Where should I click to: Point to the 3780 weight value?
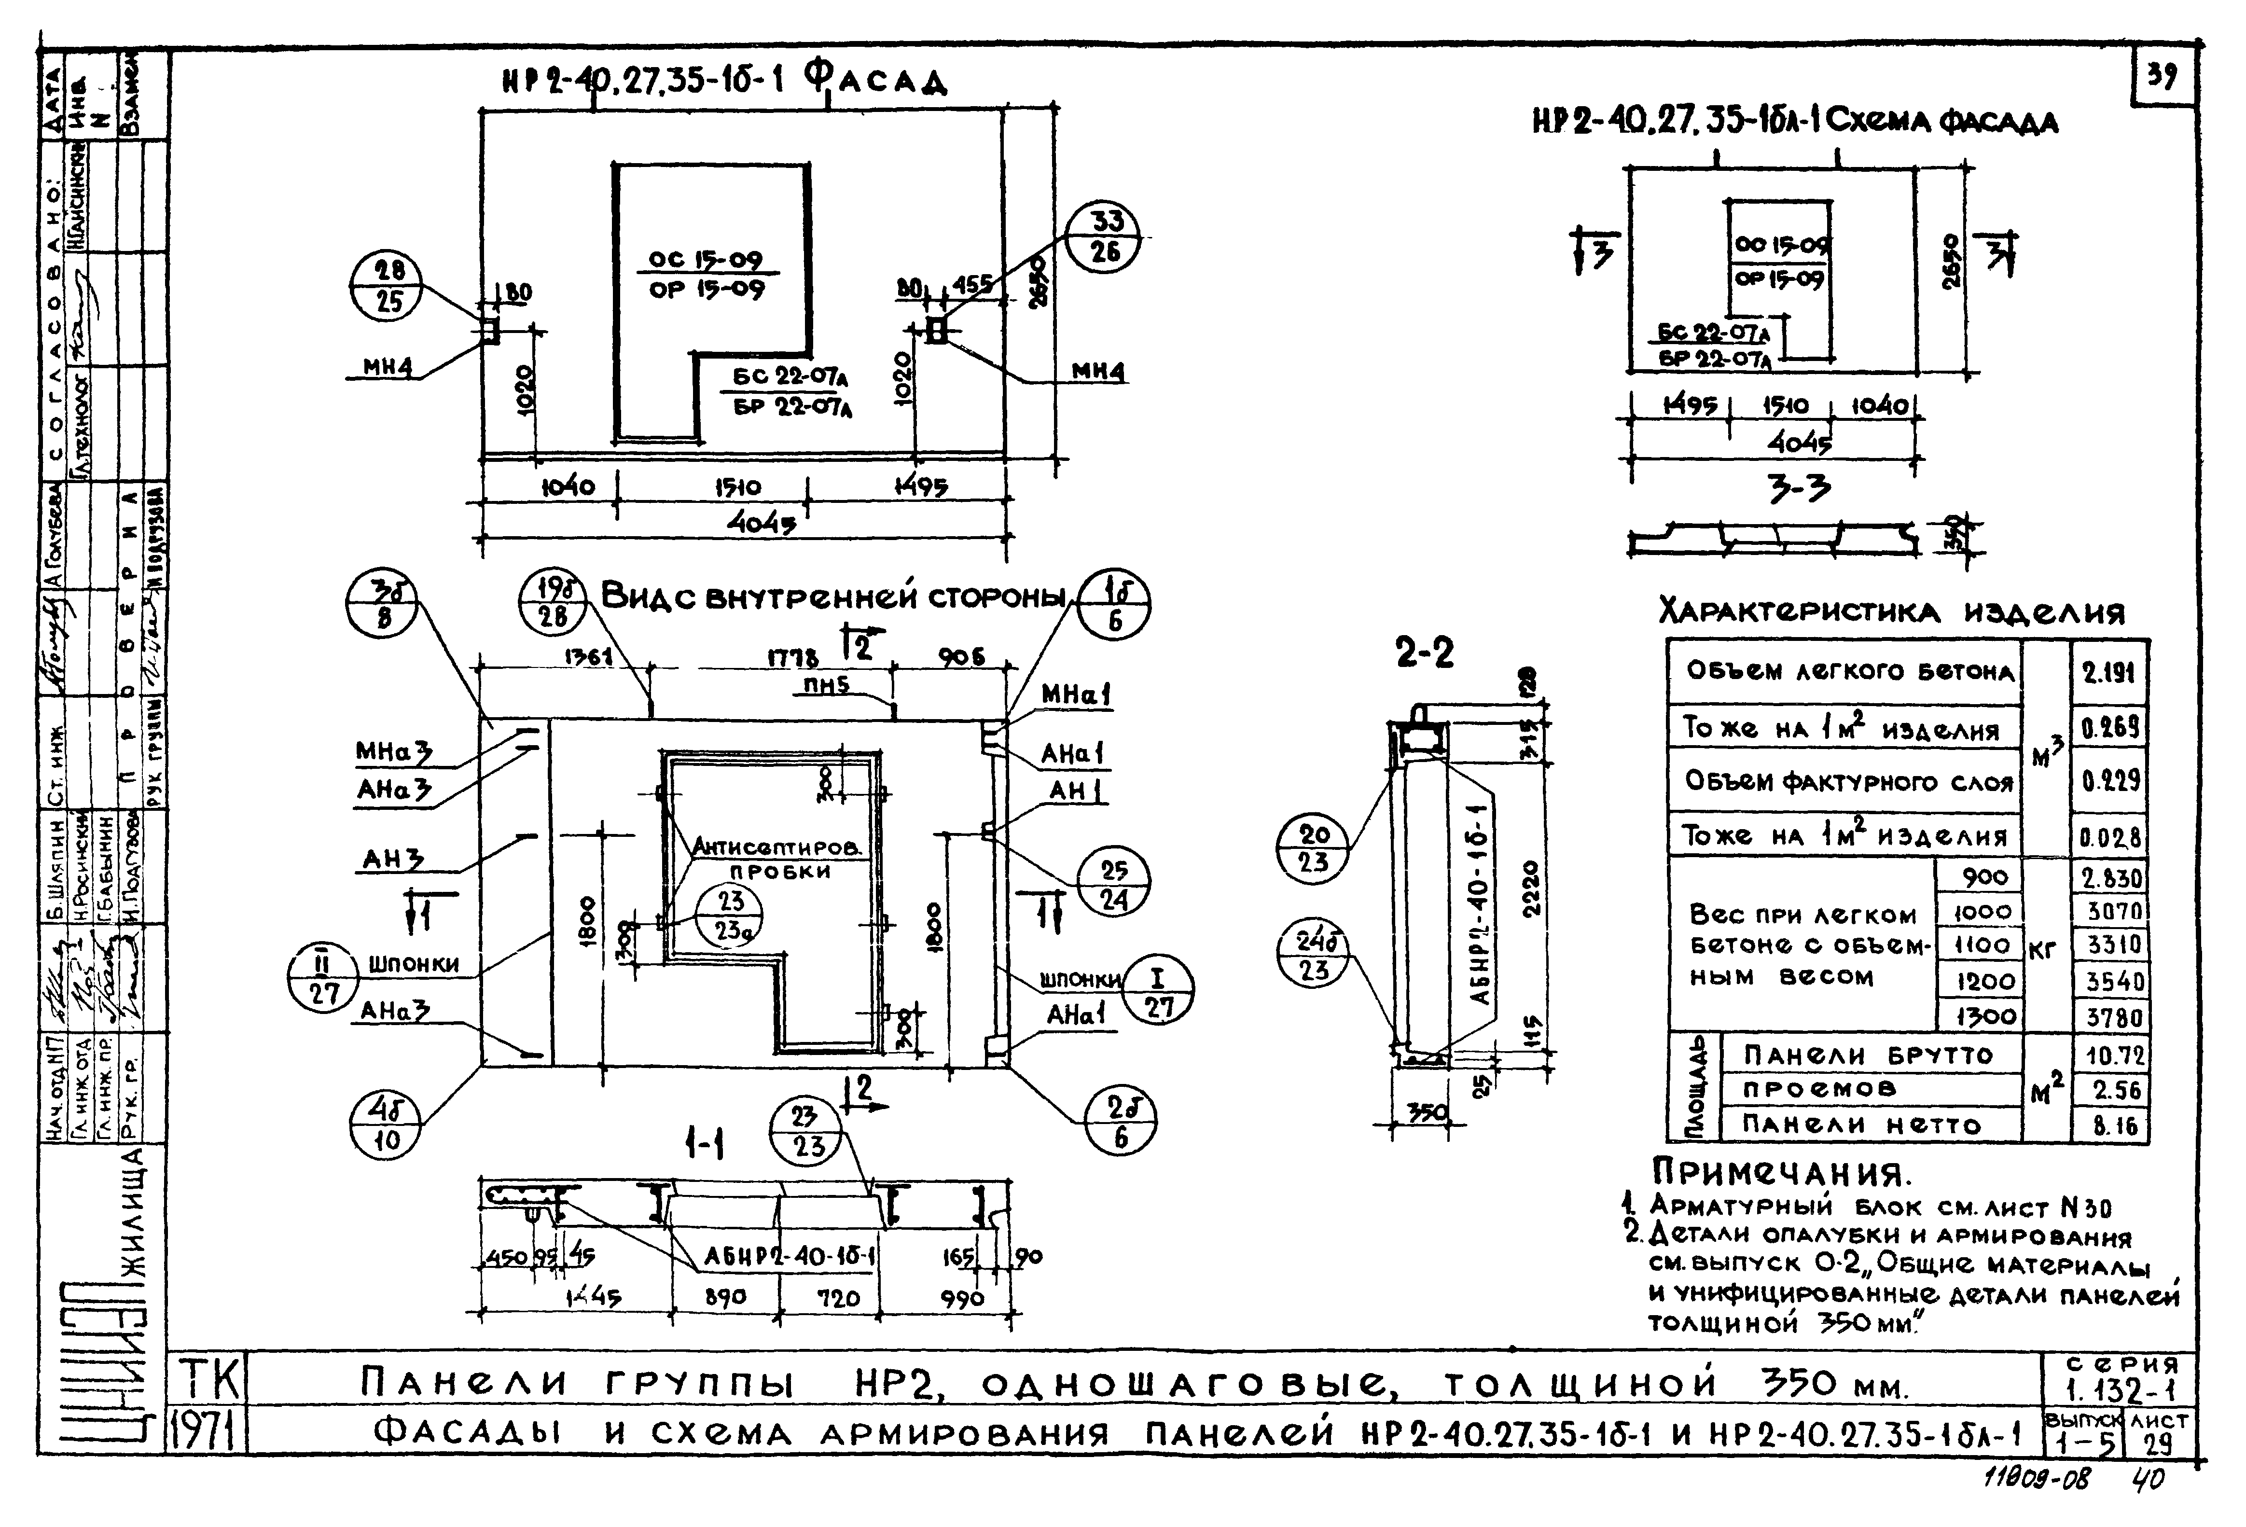tap(2113, 1018)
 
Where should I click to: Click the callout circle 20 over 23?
tap(1313, 847)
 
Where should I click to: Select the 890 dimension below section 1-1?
tap(725, 1297)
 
